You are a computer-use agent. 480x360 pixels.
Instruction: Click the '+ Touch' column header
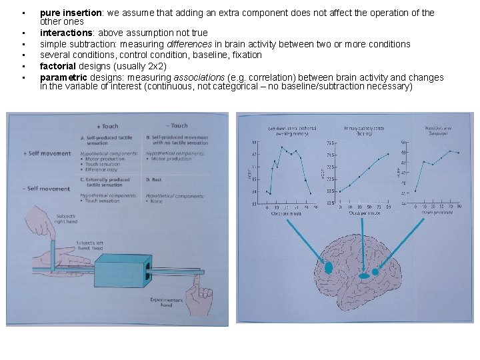tap(108, 126)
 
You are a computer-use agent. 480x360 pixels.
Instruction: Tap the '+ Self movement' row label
tap(47, 153)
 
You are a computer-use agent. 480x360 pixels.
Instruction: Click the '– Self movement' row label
tap(47, 189)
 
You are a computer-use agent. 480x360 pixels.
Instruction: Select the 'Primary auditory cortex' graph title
tap(363, 130)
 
